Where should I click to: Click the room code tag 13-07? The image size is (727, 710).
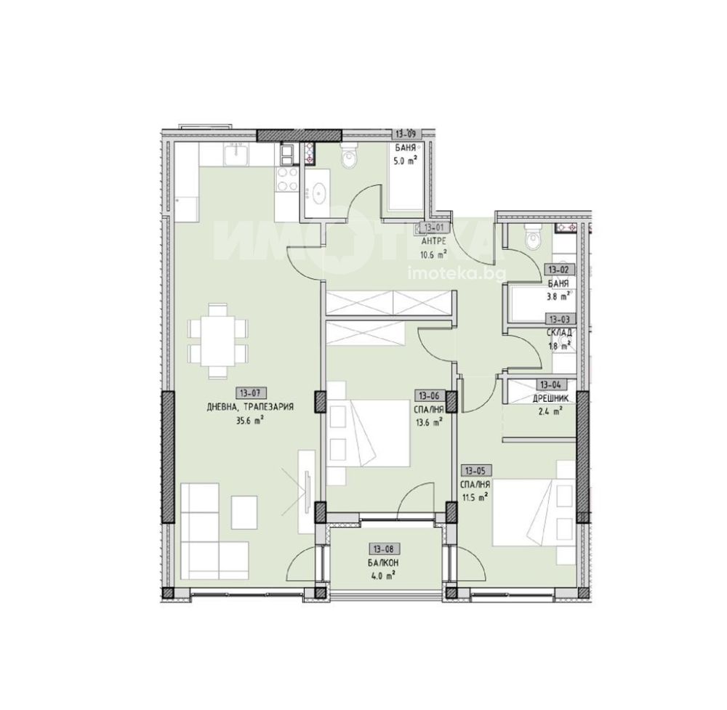coord(251,393)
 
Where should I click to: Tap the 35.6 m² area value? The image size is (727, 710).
coord(251,421)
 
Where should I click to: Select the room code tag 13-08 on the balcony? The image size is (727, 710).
coord(384,549)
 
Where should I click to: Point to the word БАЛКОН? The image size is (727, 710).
coord(384,562)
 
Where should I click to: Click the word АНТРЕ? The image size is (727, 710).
coord(433,241)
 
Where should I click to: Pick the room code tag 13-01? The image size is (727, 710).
coord(434,227)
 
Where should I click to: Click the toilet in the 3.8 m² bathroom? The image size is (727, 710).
coord(532,235)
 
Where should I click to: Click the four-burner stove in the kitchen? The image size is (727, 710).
coord(286,179)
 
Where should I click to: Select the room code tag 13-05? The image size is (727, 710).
coord(475,471)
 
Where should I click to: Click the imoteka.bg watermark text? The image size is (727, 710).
coord(457,275)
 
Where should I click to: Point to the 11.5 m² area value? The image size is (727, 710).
coord(475,498)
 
